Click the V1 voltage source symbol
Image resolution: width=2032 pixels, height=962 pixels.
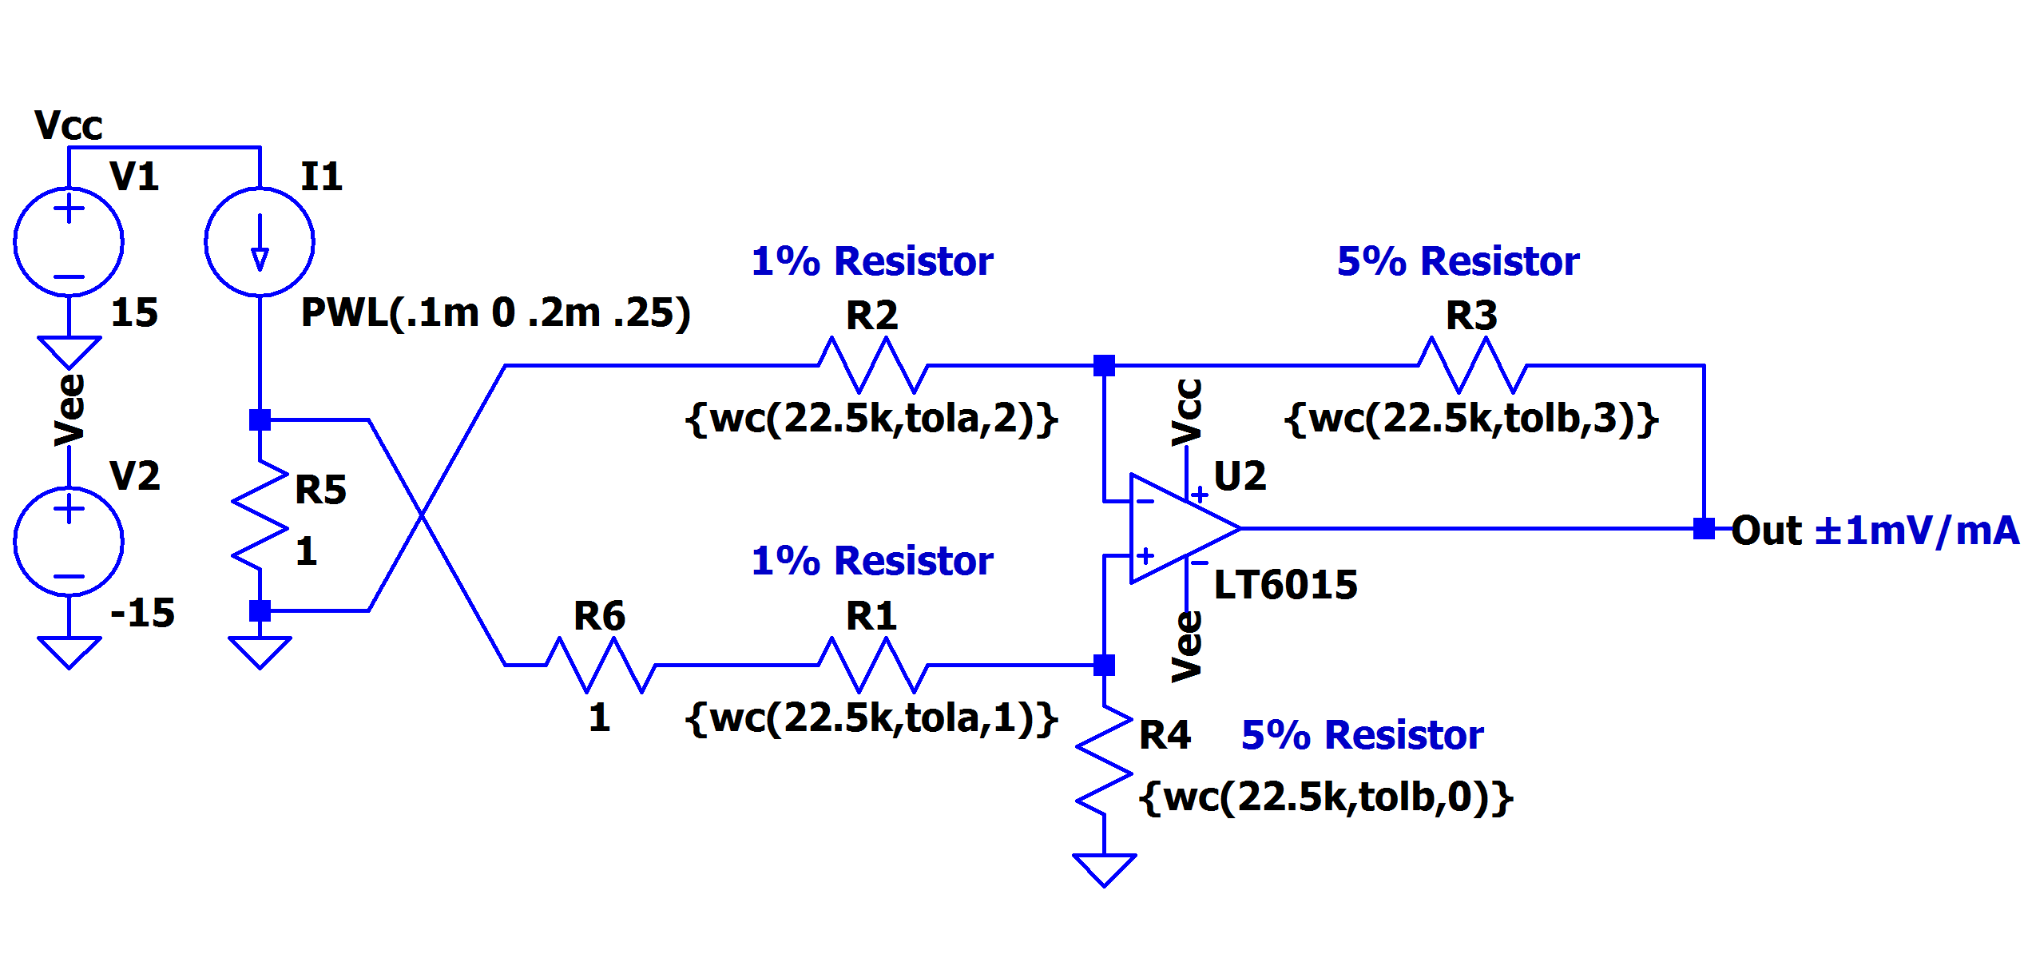69,241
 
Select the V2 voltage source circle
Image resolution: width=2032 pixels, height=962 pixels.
69,542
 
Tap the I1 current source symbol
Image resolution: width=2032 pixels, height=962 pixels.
260,241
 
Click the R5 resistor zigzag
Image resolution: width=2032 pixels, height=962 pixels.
260,515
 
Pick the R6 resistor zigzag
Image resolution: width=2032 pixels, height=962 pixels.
601,665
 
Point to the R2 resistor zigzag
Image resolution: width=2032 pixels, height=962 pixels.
873,365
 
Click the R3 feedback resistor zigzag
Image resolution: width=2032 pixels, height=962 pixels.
1473,365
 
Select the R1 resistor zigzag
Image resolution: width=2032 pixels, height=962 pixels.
873,665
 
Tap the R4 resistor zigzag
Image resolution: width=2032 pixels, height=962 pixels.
1104,761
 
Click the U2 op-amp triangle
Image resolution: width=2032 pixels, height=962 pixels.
1185,529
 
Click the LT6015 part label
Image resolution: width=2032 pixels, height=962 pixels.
1285,585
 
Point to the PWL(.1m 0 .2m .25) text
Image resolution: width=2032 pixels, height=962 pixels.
496,312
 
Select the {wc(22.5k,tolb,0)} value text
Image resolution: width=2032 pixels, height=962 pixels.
1326,797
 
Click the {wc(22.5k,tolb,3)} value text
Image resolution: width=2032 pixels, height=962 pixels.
1471,419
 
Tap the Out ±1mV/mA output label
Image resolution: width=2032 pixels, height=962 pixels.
1875,531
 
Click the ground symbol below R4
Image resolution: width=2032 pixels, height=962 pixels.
1104,870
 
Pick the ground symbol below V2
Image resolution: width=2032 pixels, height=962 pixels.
69,652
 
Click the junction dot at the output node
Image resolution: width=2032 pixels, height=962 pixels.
1704,529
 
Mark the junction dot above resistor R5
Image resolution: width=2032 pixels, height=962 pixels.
260,419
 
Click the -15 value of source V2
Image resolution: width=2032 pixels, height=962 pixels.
142,614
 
